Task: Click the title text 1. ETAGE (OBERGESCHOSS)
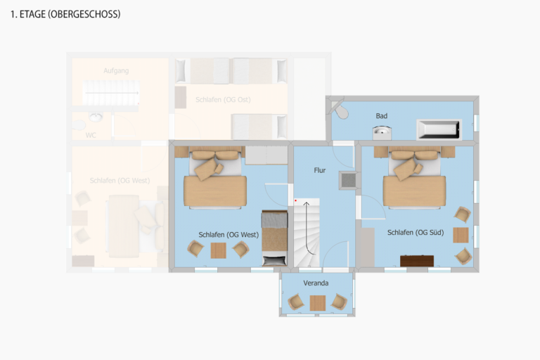click(65, 14)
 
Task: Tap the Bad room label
click(381, 116)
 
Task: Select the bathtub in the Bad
click(438, 129)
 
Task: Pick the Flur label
click(320, 170)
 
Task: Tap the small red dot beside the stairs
click(297, 201)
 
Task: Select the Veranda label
click(316, 283)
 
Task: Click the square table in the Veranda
click(318, 302)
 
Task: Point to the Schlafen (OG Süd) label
click(415, 232)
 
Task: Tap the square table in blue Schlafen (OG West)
click(218, 250)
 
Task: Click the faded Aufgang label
click(116, 71)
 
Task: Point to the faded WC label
click(91, 135)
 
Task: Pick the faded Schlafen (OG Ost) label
click(223, 100)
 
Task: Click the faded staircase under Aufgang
click(111, 92)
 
